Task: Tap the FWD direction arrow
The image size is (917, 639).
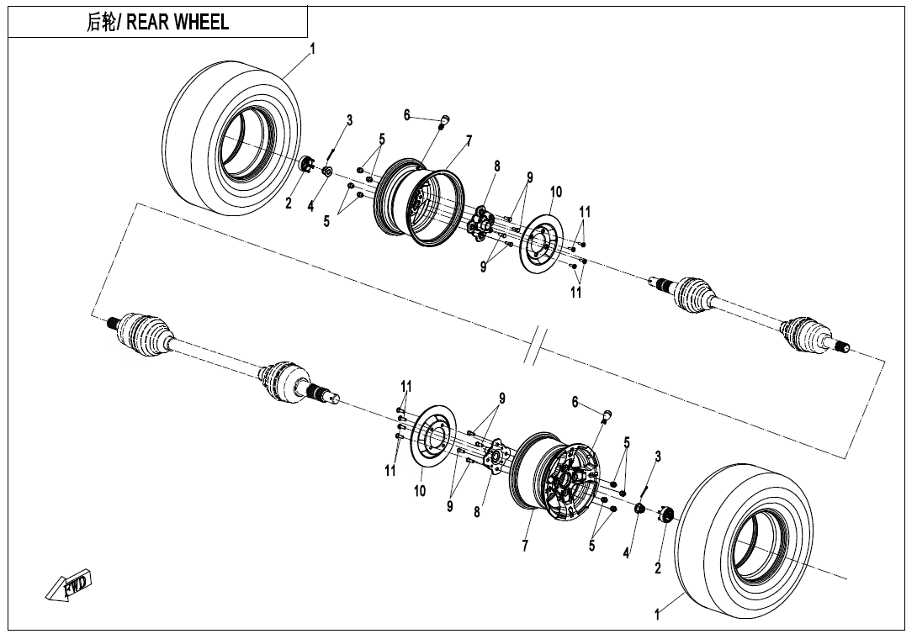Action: (x=69, y=585)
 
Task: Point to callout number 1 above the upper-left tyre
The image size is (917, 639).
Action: (x=312, y=50)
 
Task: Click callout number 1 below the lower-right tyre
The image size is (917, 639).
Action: (x=658, y=615)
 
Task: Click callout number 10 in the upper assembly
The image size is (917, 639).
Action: (x=555, y=193)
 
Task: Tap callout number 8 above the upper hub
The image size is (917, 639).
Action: (x=497, y=166)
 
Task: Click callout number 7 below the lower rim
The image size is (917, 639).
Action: (x=525, y=547)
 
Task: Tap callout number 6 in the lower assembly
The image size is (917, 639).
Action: (x=575, y=403)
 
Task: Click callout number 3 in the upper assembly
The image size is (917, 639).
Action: (x=350, y=120)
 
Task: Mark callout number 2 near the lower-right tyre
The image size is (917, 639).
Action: (x=658, y=568)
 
